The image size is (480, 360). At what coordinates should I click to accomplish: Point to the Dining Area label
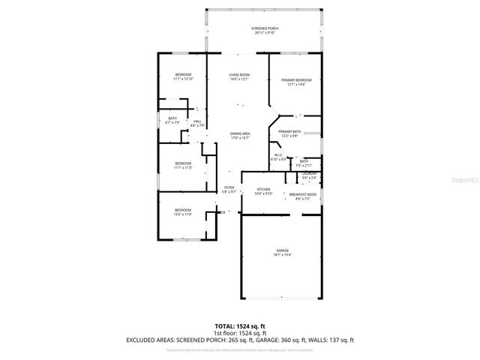tap(240, 136)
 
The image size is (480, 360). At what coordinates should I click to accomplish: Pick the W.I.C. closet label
tap(277, 157)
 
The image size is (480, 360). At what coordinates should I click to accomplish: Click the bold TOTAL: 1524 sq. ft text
tap(240, 327)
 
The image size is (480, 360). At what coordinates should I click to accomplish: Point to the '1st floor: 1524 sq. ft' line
tap(240, 334)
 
